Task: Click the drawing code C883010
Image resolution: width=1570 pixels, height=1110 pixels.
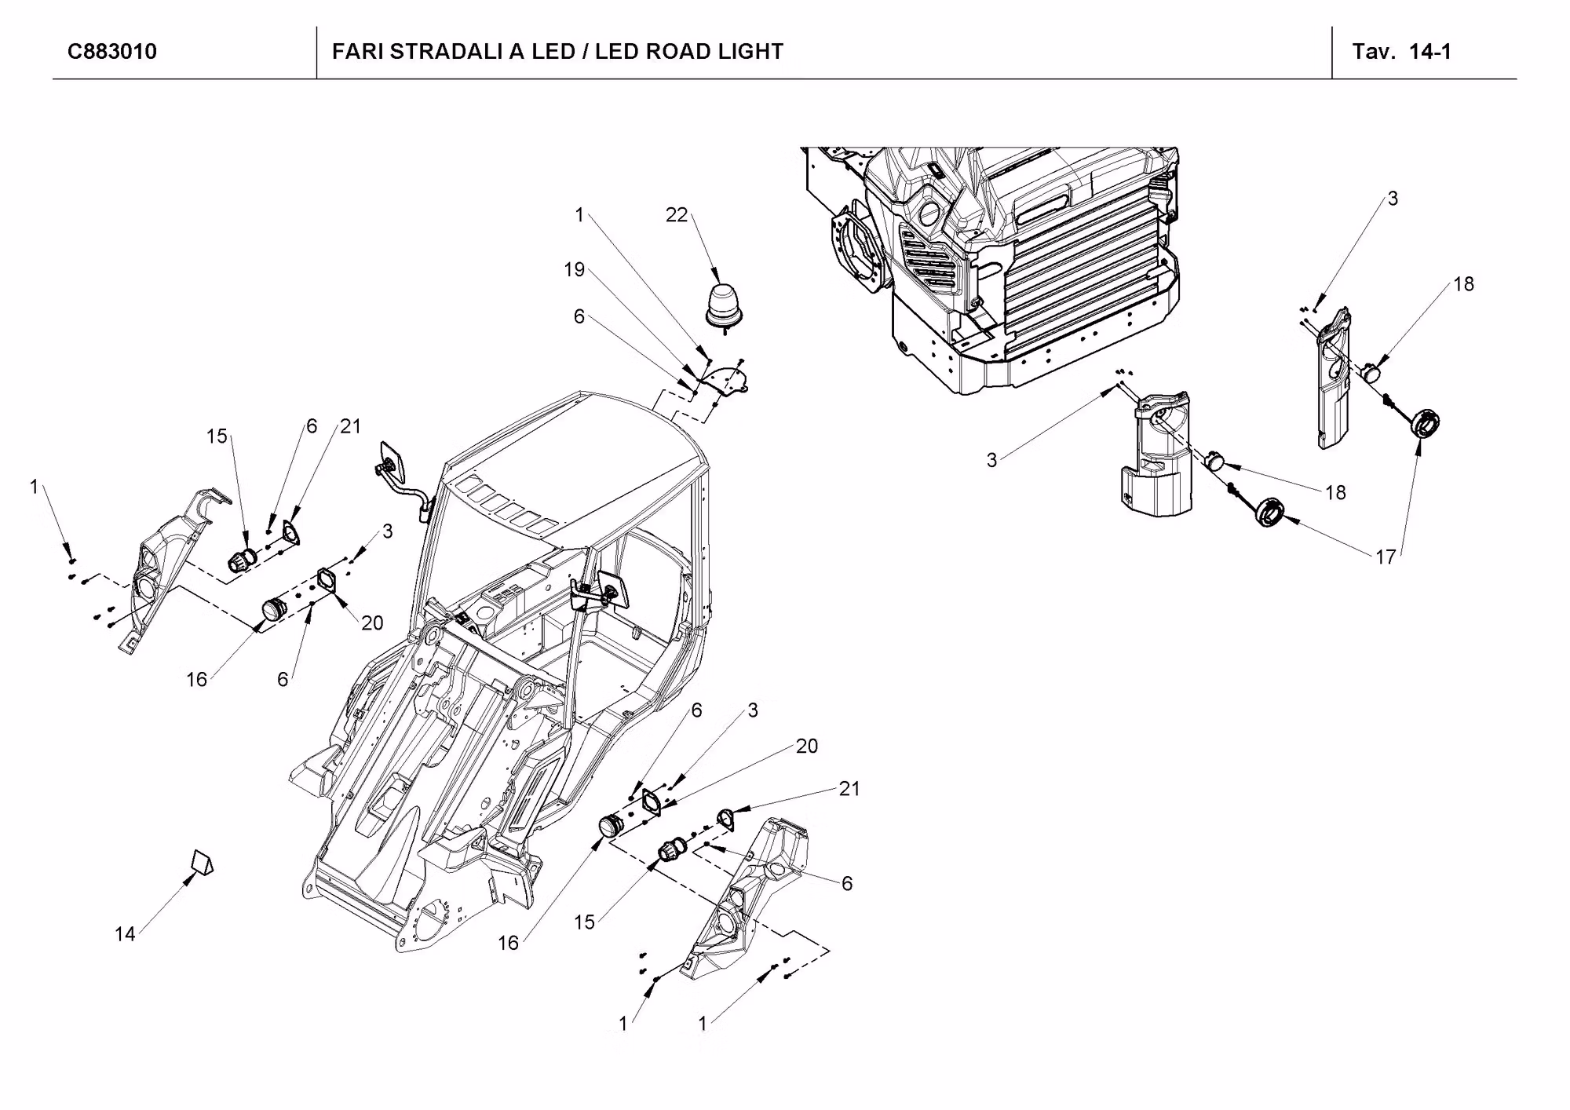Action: pyautogui.click(x=112, y=52)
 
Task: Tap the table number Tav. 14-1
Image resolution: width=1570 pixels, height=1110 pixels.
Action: pyautogui.click(x=1401, y=52)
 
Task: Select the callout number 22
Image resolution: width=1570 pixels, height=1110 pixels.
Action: pyautogui.click(x=676, y=215)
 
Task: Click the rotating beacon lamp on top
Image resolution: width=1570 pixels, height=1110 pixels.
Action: pyautogui.click(x=722, y=305)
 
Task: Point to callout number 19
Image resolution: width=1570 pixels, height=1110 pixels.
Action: pyautogui.click(x=575, y=270)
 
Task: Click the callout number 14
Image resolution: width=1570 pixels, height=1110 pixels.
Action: pyautogui.click(x=125, y=934)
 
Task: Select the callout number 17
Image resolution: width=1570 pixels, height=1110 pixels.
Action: pyautogui.click(x=1386, y=557)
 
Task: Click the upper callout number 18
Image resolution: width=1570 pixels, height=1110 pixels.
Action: pyautogui.click(x=1463, y=284)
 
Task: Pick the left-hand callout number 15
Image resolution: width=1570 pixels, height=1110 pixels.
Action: pyautogui.click(x=217, y=436)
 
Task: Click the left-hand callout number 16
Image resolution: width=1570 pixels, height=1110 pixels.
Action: pyautogui.click(x=196, y=680)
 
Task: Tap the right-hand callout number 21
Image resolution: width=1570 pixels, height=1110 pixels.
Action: pyautogui.click(x=849, y=789)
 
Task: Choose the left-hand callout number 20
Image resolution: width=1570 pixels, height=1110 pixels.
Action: pyautogui.click(x=372, y=623)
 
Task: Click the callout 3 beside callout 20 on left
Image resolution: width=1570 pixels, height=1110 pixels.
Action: pyautogui.click(x=388, y=531)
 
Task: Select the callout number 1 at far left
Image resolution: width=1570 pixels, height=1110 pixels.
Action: pyautogui.click(x=34, y=487)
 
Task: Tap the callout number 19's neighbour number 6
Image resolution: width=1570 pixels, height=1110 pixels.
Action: pyautogui.click(x=579, y=316)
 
